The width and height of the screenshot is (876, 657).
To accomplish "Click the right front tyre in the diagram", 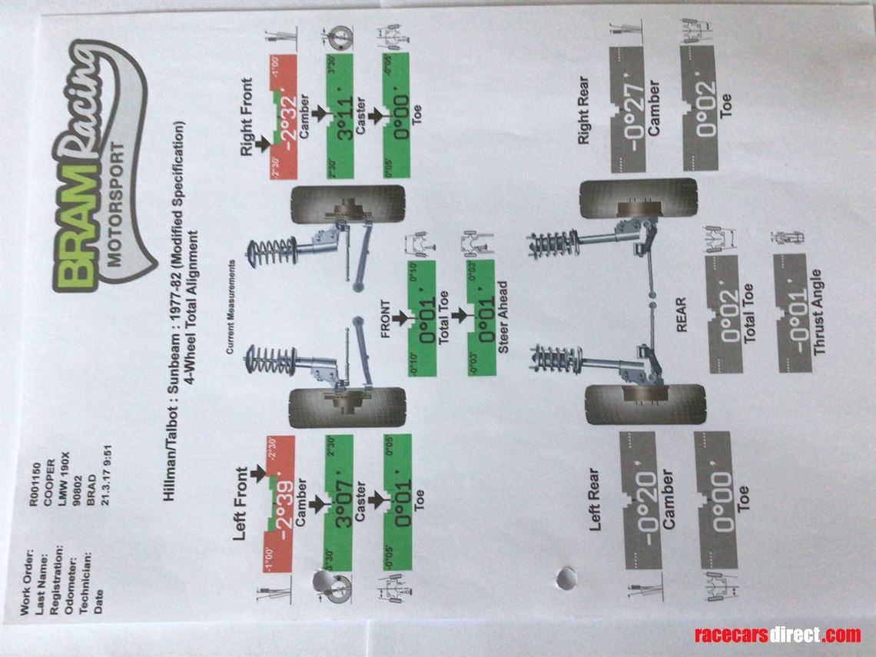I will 347,204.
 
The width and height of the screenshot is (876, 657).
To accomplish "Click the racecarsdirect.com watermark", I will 777,635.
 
